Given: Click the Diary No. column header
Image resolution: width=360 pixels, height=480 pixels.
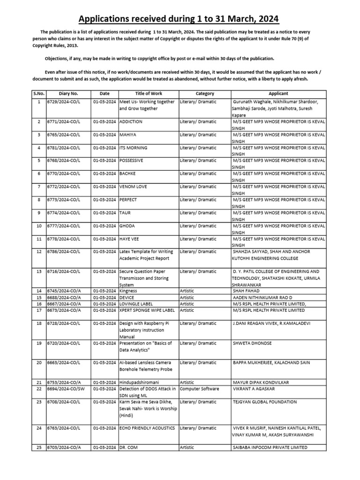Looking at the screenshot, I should pyautogui.click(x=68, y=94).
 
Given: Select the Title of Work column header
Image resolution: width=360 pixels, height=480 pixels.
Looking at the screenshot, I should pyautogui.click(x=148, y=94).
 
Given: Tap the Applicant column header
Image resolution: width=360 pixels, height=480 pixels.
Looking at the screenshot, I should pyautogui.click(x=278, y=94).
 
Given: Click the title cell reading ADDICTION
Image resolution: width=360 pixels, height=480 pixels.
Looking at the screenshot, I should pyautogui.click(x=131, y=121).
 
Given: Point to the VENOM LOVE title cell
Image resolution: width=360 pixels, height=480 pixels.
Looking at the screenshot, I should pyautogui.click(x=133, y=187).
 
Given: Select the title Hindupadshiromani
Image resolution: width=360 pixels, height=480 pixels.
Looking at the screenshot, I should pyautogui.click(x=140, y=382).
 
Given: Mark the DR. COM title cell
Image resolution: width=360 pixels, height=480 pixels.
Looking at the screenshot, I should pyautogui.click(x=129, y=447).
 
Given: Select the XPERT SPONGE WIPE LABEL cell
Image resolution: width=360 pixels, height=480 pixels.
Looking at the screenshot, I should pyautogui.click(x=148, y=310).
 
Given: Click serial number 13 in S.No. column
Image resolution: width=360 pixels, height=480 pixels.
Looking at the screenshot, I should pyautogui.click(x=39, y=271).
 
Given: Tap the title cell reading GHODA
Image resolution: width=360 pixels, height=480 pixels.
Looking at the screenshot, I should pyautogui.click(x=127, y=226).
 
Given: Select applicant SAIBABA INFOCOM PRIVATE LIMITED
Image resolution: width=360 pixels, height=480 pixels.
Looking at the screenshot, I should pyautogui.click(x=270, y=447).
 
